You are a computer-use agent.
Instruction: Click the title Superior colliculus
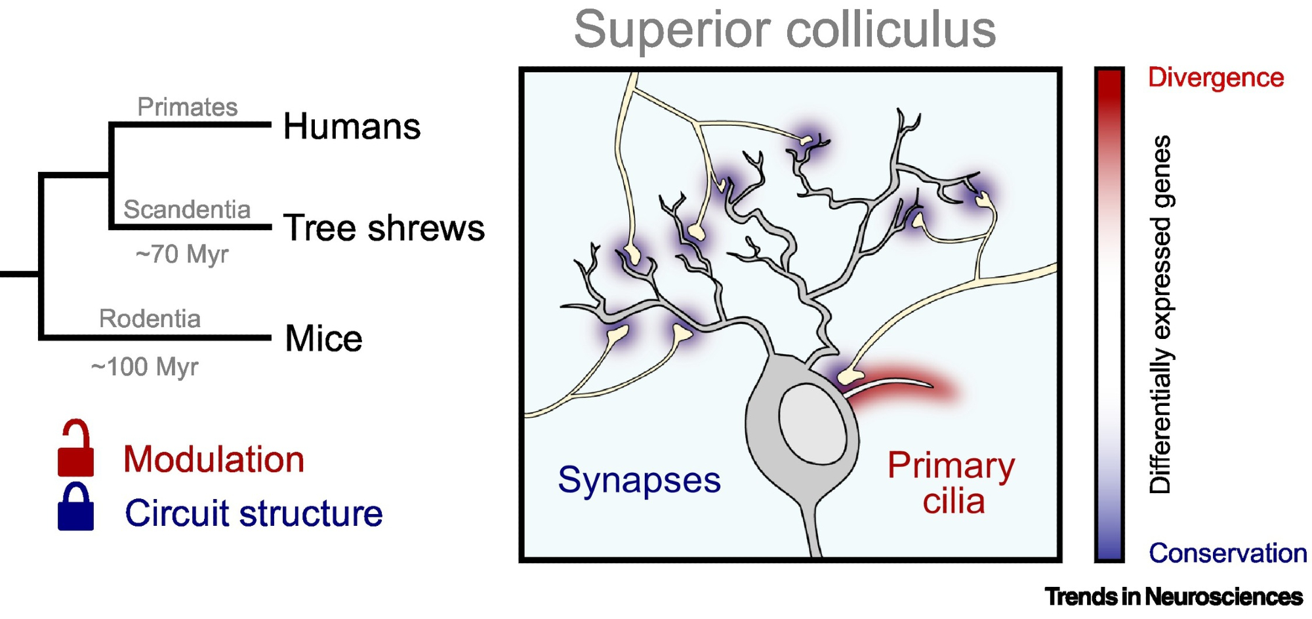pos(785,30)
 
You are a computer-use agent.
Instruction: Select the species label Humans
pos(352,126)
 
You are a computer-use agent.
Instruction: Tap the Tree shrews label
pos(384,228)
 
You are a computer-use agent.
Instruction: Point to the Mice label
pos(323,338)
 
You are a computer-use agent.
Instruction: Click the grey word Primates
pos(187,107)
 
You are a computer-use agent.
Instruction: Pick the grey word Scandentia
pos(187,209)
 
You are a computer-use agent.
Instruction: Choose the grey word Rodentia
pos(150,318)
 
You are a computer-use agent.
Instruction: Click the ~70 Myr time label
pos(182,254)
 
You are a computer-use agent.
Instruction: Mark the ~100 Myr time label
pos(144,367)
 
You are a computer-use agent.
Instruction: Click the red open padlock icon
pos(75,450)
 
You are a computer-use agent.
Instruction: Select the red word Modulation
pos(214,459)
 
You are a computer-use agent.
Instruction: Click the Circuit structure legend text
pos(254,513)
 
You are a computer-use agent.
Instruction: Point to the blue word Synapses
pos(639,480)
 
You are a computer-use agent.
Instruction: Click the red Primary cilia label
pos(951,483)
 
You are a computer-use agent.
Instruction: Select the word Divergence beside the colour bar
pos(1216,77)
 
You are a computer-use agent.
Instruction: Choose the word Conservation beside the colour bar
pos(1227,553)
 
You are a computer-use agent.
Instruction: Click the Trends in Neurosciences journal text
pos(1174,597)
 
